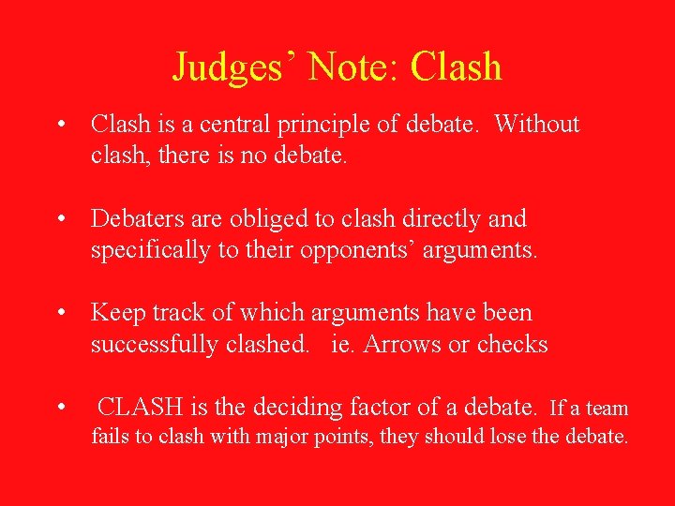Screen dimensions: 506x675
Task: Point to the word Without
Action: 537,125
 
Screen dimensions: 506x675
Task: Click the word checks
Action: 512,345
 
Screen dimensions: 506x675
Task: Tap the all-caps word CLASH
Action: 140,408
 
